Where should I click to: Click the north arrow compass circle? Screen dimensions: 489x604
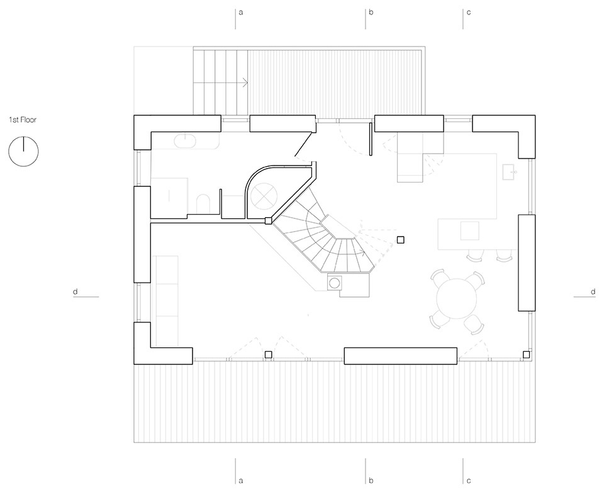(x=23, y=152)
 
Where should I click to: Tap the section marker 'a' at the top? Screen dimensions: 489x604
(x=240, y=13)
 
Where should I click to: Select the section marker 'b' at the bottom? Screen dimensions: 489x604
(x=371, y=480)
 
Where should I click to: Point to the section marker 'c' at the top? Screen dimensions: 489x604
(x=468, y=13)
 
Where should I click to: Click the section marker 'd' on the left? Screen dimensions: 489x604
(x=75, y=291)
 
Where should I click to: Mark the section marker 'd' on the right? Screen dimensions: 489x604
(x=593, y=291)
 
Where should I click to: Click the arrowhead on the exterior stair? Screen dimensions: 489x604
(x=245, y=82)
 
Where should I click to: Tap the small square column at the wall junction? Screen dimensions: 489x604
(x=268, y=220)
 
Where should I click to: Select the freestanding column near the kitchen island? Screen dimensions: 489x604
(x=401, y=239)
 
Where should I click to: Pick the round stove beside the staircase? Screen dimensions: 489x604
(x=333, y=283)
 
